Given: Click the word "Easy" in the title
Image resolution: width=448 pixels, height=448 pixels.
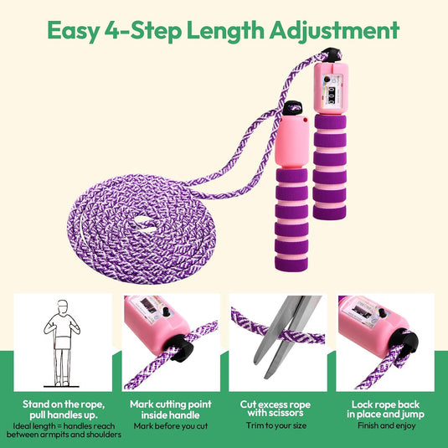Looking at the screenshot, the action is tap(73, 31).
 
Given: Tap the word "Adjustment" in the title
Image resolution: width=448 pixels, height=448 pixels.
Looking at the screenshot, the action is tap(334, 31).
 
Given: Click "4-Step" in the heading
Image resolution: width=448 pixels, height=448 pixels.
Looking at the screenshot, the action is tap(143, 31).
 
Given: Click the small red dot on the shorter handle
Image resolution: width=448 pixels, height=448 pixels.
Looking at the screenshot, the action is tap(306, 120).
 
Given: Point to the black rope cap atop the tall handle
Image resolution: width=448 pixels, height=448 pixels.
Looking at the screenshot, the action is tap(332, 54).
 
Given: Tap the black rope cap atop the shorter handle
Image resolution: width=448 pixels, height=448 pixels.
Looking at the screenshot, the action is tap(292, 108).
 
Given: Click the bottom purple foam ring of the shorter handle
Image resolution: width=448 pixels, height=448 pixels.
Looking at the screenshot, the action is tap(291, 264).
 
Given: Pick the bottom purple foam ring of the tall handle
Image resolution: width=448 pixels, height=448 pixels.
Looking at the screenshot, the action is tap(329, 213).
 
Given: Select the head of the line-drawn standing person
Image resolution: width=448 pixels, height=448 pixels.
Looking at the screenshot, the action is tap(63, 307).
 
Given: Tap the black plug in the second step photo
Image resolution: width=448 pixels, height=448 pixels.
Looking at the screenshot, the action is tap(180, 348).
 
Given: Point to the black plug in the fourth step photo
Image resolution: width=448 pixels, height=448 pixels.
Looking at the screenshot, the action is tap(404, 343).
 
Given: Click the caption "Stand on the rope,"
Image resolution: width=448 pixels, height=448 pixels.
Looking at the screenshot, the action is tap(64, 404).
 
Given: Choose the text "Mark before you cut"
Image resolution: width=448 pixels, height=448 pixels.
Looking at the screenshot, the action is tap(171, 426).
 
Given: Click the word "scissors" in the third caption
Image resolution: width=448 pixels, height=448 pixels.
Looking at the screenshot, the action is tap(286, 413).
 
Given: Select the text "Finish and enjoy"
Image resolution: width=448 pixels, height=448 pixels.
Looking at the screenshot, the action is tap(387, 425).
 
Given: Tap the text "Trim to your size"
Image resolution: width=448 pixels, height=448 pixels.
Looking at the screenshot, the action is tap(276, 425).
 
